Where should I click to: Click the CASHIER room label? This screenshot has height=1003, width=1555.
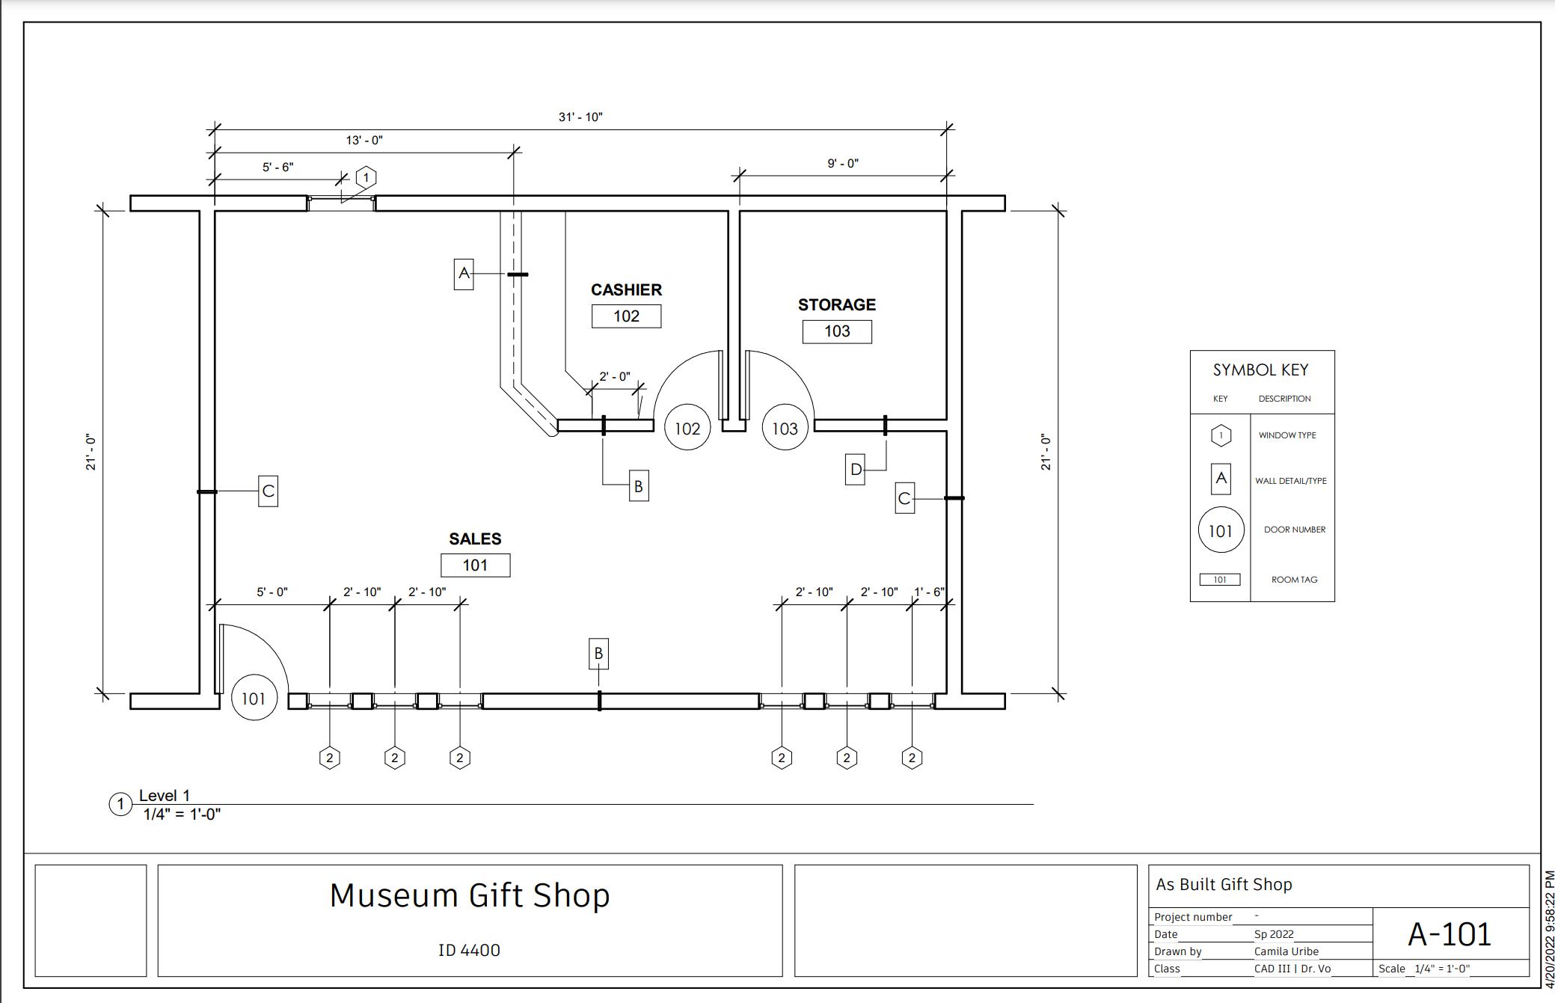[626, 289]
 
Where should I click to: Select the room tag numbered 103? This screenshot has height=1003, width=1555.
[837, 331]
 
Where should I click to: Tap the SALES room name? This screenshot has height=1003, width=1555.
[475, 539]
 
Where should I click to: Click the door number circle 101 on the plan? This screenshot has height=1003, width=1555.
[254, 699]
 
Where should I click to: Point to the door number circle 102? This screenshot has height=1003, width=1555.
[687, 429]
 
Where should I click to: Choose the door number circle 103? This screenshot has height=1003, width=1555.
[785, 429]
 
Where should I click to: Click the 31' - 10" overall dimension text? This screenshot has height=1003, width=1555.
[580, 117]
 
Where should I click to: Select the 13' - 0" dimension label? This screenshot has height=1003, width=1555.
[364, 141]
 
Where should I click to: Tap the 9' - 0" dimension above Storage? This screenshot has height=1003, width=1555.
[843, 164]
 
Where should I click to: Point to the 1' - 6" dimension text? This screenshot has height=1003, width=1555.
[929, 592]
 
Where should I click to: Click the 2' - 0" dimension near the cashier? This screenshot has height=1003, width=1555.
[615, 377]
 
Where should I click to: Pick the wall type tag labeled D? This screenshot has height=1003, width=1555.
[855, 470]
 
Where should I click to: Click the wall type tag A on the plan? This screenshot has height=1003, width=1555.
[464, 274]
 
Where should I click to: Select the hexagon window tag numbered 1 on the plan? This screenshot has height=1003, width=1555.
[366, 178]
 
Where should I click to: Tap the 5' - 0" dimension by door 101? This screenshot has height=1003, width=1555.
[272, 592]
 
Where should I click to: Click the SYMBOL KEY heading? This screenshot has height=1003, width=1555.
[1260, 370]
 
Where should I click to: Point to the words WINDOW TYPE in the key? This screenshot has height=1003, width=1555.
[1287, 435]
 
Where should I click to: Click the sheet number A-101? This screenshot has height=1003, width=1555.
[1450, 934]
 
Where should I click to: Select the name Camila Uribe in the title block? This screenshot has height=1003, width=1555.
[1286, 951]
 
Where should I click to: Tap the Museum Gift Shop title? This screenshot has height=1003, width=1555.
[470, 895]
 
